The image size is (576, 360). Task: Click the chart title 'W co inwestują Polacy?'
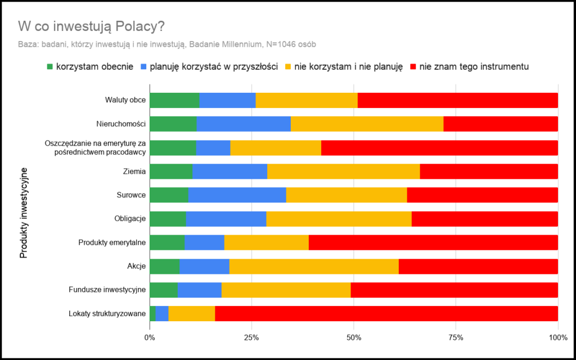tap(91, 26)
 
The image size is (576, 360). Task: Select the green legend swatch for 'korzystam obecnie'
tap(49, 66)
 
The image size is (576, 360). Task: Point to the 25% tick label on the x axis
tap(251, 337)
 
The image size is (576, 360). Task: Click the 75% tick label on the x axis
tap(456, 337)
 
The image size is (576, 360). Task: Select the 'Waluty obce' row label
tap(125, 100)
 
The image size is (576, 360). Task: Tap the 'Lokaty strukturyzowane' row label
tap(107, 313)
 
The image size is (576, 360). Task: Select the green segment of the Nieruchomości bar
tap(173, 124)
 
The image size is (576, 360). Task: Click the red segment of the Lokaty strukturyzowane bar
tap(386, 313)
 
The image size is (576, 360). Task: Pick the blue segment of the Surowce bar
tap(237, 195)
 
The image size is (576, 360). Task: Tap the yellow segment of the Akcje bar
tap(314, 266)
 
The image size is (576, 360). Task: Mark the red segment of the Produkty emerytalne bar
tap(433, 242)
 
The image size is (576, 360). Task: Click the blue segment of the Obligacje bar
tap(226, 219)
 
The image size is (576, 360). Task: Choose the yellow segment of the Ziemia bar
tap(343, 172)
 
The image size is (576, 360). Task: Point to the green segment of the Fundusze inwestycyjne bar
tap(163, 290)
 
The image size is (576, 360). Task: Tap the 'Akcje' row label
tap(137, 266)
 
